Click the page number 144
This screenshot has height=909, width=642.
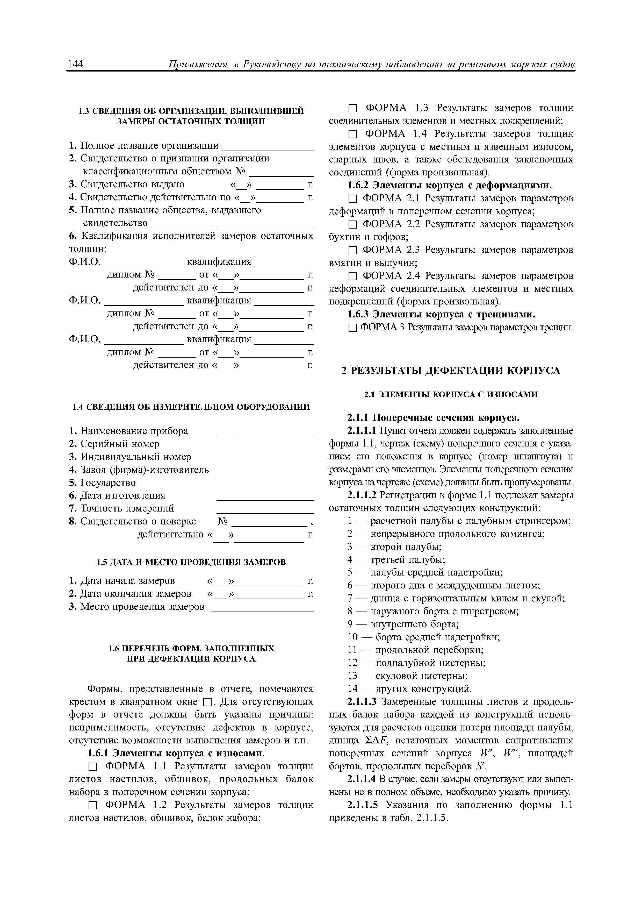pyautogui.click(x=76, y=64)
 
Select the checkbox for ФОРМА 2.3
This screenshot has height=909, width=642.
pyautogui.click(x=352, y=250)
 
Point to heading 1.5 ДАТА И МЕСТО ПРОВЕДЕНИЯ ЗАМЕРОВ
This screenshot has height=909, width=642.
pyautogui.click(x=191, y=562)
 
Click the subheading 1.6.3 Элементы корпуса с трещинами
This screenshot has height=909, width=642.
pyautogui.click(x=441, y=314)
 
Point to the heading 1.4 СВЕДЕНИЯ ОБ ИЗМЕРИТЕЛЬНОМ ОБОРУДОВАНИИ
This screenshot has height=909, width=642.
pyautogui.click(x=191, y=407)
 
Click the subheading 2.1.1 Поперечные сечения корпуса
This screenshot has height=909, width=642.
pyautogui.click(x=433, y=418)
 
